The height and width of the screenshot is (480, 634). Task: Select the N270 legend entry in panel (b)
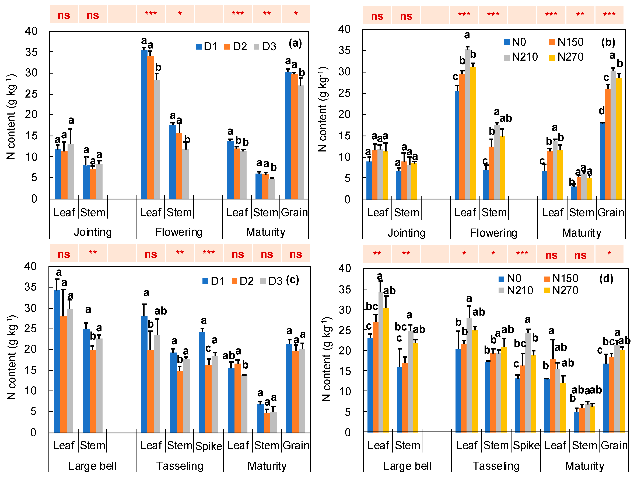click(566, 57)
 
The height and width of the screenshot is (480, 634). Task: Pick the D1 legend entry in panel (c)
click(213, 281)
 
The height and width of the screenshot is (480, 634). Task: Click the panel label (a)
click(295, 43)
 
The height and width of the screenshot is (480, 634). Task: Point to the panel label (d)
click(606, 278)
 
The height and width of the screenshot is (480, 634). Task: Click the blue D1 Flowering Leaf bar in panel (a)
click(144, 125)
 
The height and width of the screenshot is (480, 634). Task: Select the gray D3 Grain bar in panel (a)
click(301, 142)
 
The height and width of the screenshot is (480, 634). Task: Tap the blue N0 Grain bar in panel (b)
click(603, 161)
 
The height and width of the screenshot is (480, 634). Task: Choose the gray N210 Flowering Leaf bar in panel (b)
click(467, 124)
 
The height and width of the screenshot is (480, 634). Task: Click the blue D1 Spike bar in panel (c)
click(202, 382)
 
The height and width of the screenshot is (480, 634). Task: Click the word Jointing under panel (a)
click(93, 232)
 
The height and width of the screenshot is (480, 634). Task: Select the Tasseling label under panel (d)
click(496, 466)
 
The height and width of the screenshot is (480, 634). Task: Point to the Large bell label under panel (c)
click(93, 466)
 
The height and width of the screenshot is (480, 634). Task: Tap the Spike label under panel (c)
click(209, 446)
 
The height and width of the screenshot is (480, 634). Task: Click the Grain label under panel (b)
click(611, 212)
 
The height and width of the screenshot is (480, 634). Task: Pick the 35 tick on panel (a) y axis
click(31, 52)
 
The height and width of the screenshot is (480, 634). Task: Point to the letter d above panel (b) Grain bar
click(602, 111)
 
